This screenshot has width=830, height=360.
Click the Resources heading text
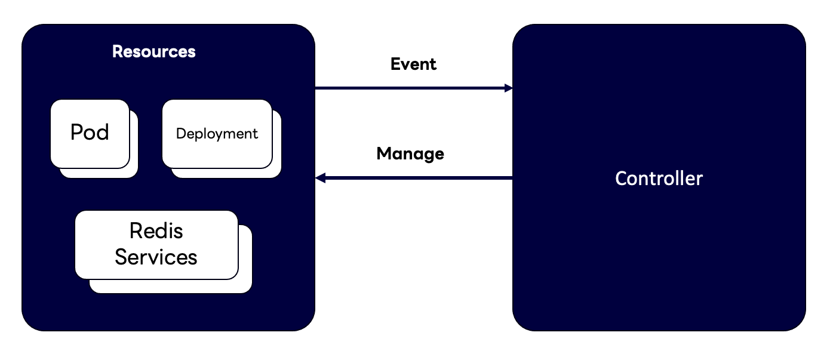tap(154, 51)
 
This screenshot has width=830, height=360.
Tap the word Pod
tap(90, 132)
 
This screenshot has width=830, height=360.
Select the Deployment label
tap(217, 134)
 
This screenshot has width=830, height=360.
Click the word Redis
tap(156, 230)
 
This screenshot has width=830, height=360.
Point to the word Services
tap(156, 257)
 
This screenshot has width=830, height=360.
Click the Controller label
tap(659, 179)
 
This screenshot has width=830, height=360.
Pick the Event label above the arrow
tap(414, 64)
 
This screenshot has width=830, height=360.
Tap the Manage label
tap(410, 154)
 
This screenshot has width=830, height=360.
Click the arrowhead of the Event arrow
tap(509, 88)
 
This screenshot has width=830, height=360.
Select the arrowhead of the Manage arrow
tap(320, 178)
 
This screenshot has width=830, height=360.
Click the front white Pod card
tap(90, 134)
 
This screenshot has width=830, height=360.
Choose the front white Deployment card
tap(217, 134)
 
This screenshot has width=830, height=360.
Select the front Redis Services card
tap(156, 245)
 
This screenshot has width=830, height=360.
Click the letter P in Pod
tap(76, 132)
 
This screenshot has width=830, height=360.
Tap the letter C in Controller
tap(621, 179)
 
